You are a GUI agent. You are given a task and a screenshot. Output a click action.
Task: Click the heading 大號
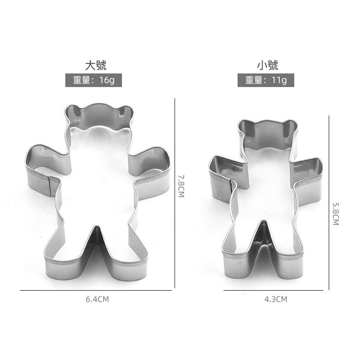coord(96,65)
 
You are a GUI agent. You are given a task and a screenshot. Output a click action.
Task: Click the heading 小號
coord(268,65)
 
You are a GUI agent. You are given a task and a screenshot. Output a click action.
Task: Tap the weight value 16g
coord(107,80)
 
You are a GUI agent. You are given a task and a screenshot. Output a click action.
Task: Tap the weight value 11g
coord(279,80)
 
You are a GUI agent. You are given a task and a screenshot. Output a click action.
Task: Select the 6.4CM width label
coord(97,299)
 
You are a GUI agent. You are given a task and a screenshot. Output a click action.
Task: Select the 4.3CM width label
coord(276,299)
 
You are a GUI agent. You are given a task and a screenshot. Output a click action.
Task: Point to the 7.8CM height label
coord(181,186)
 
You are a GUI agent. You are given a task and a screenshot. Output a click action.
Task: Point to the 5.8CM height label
coord(336,214)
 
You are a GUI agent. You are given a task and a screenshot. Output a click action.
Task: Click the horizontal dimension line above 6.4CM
coord(96,291)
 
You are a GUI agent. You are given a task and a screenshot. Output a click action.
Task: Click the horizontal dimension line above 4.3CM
coord(273,291)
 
